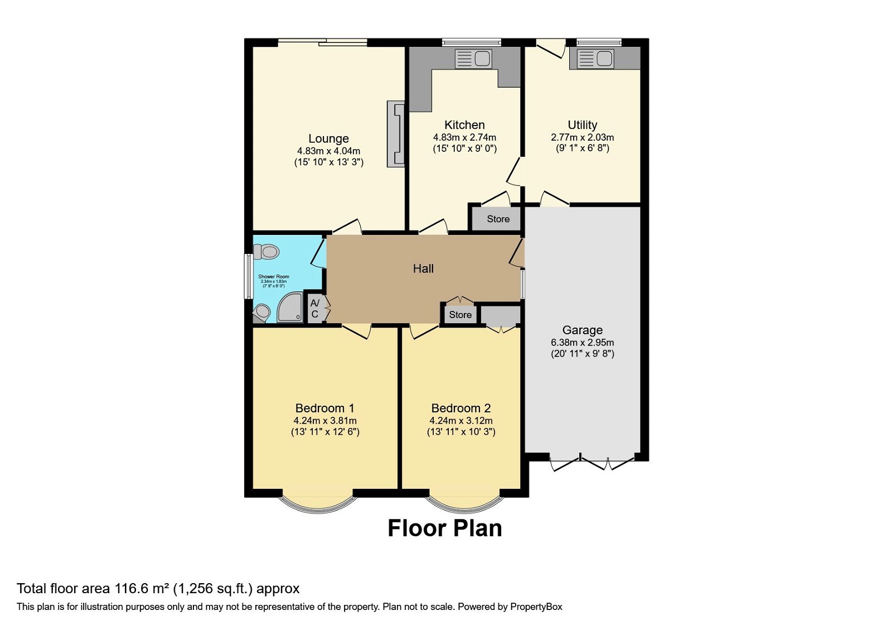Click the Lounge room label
(328, 138)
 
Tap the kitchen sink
(473, 59)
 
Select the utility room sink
(595, 59)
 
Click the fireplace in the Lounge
(396, 134)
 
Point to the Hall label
(423, 269)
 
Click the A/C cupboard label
(315, 309)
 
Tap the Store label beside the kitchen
(498, 219)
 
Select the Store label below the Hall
(460, 315)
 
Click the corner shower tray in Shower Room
(289, 309)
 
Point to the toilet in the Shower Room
(266, 252)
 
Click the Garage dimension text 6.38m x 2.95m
(582, 343)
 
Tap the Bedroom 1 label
(324, 408)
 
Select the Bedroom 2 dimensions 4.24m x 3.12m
(460, 421)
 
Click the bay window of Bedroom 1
(318, 501)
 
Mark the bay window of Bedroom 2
(464, 501)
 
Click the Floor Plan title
(444, 528)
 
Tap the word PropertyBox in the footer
(536, 607)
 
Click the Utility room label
(582, 125)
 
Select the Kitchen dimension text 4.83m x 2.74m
(464, 137)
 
